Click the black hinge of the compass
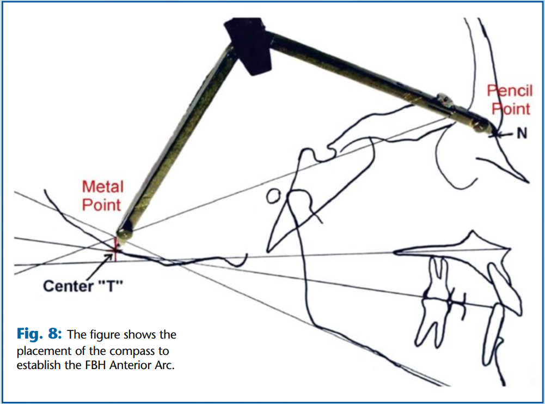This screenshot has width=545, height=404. [x=249, y=45]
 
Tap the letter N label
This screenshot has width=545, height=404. [x=522, y=133]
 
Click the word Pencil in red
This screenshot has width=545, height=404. [x=510, y=91]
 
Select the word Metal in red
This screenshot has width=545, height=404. [x=103, y=187]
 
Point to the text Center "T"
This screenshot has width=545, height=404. [x=83, y=286]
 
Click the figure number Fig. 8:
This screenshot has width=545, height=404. [x=39, y=333]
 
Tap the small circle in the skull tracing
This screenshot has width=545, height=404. [x=273, y=197]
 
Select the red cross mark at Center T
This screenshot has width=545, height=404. [x=115, y=250]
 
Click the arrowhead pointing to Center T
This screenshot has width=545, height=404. [x=109, y=257]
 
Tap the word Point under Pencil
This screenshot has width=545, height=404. [x=511, y=109]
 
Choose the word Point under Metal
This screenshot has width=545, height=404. [x=101, y=205]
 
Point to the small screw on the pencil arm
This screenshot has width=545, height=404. [x=445, y=100]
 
